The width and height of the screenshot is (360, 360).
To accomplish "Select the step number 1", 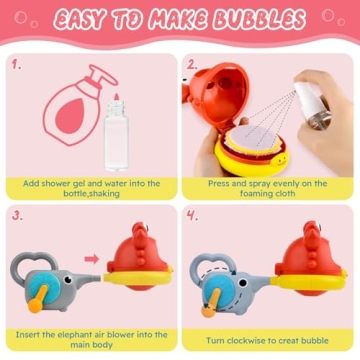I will coord(16,64).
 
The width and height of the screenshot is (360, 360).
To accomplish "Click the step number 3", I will coord(16,216).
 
